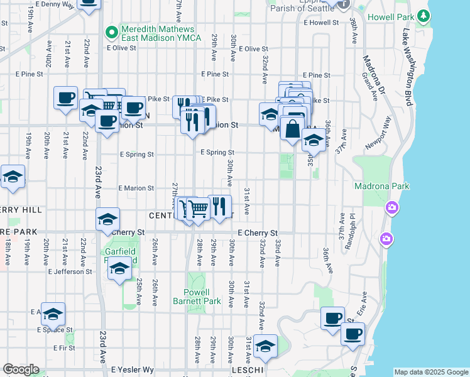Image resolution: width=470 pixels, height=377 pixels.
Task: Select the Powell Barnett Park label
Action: (197, 297)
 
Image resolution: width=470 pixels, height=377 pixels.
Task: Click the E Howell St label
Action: (320, 23)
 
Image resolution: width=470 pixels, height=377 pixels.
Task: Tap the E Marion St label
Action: (137, 188)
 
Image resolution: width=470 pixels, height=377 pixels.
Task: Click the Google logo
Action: (21, 369)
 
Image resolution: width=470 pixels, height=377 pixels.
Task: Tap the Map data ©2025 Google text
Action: (431, 372)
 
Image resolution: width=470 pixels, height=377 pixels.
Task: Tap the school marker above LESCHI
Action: (265, 346)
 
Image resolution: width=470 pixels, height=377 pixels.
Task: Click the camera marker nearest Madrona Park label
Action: (392, 207)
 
